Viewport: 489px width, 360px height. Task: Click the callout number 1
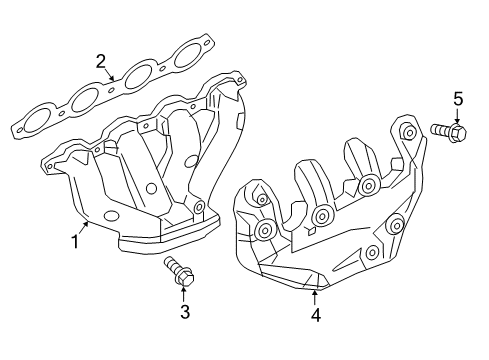[74, 241]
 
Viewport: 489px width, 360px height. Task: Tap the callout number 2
[101, 62]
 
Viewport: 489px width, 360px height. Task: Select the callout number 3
[184, 314]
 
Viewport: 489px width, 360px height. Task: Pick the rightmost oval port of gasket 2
[187, 57]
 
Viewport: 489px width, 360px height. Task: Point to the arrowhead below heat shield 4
[314, 293]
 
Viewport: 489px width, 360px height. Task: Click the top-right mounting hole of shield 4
[408, 133]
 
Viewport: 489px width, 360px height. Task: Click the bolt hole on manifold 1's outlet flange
[199, 208]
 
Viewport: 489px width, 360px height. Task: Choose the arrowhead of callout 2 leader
[118, 76]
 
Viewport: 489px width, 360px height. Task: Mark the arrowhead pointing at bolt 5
[457, 120]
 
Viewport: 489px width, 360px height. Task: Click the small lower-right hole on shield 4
[373, 251]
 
